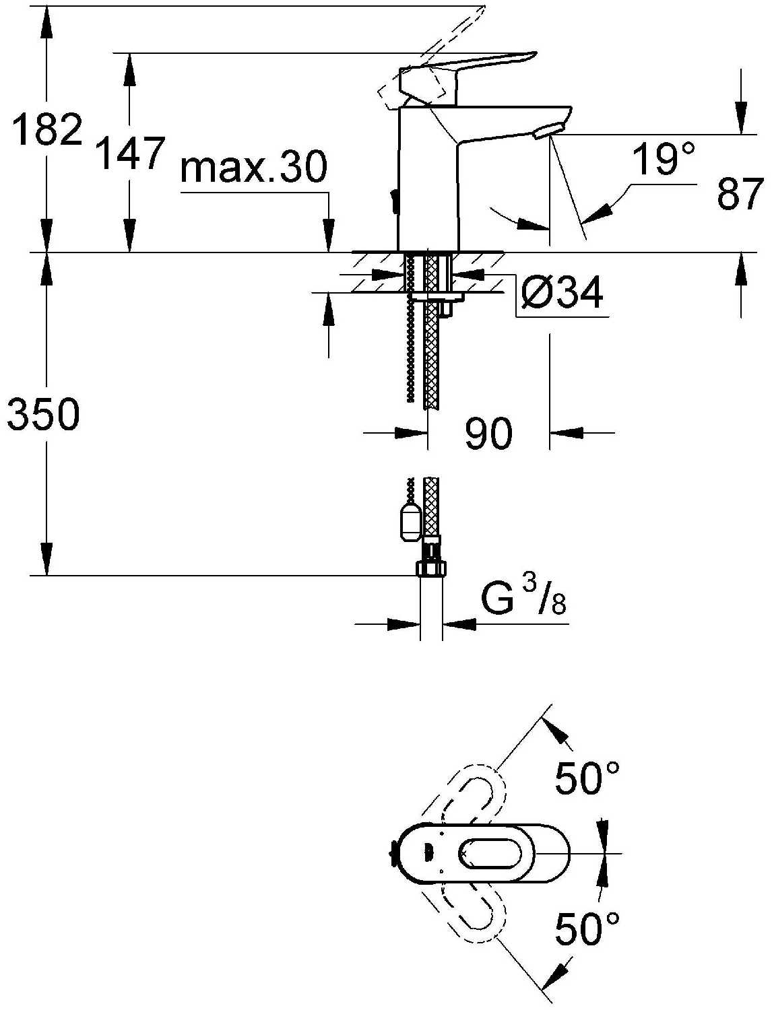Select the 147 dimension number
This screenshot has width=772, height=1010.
click(130, 153)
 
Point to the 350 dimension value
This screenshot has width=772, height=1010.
click(44, 414)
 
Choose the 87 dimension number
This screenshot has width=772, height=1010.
click(739, 194)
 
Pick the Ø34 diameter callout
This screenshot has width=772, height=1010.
click(562, 293)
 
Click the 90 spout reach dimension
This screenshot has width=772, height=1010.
click(488, 434)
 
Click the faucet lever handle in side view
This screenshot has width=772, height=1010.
click(468, 78)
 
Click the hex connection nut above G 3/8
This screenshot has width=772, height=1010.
click(431, 568)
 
